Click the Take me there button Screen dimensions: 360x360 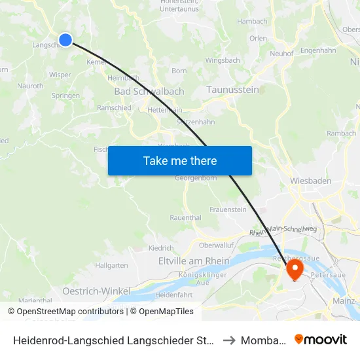(x=180, y=160)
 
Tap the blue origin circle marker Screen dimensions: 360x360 (x=65, y=40)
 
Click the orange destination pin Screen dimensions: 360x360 (x=295, y=268)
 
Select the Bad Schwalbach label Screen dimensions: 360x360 (x=149, y=92)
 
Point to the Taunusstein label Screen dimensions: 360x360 (x=233, y=90)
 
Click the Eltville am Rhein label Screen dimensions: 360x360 (x=194, y=261)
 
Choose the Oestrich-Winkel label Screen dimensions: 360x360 (x=96, y=290)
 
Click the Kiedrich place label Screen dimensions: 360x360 (x=161, y=248)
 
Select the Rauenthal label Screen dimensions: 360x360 (x=185, y=217)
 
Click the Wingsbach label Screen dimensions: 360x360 (x=223, y=60)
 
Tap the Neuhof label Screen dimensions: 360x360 (x=281, y=54)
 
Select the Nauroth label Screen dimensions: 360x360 (x=31, y=86)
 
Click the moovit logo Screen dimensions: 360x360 (x=321, y=339)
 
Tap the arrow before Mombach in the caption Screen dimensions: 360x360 (x=228, y=340)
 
